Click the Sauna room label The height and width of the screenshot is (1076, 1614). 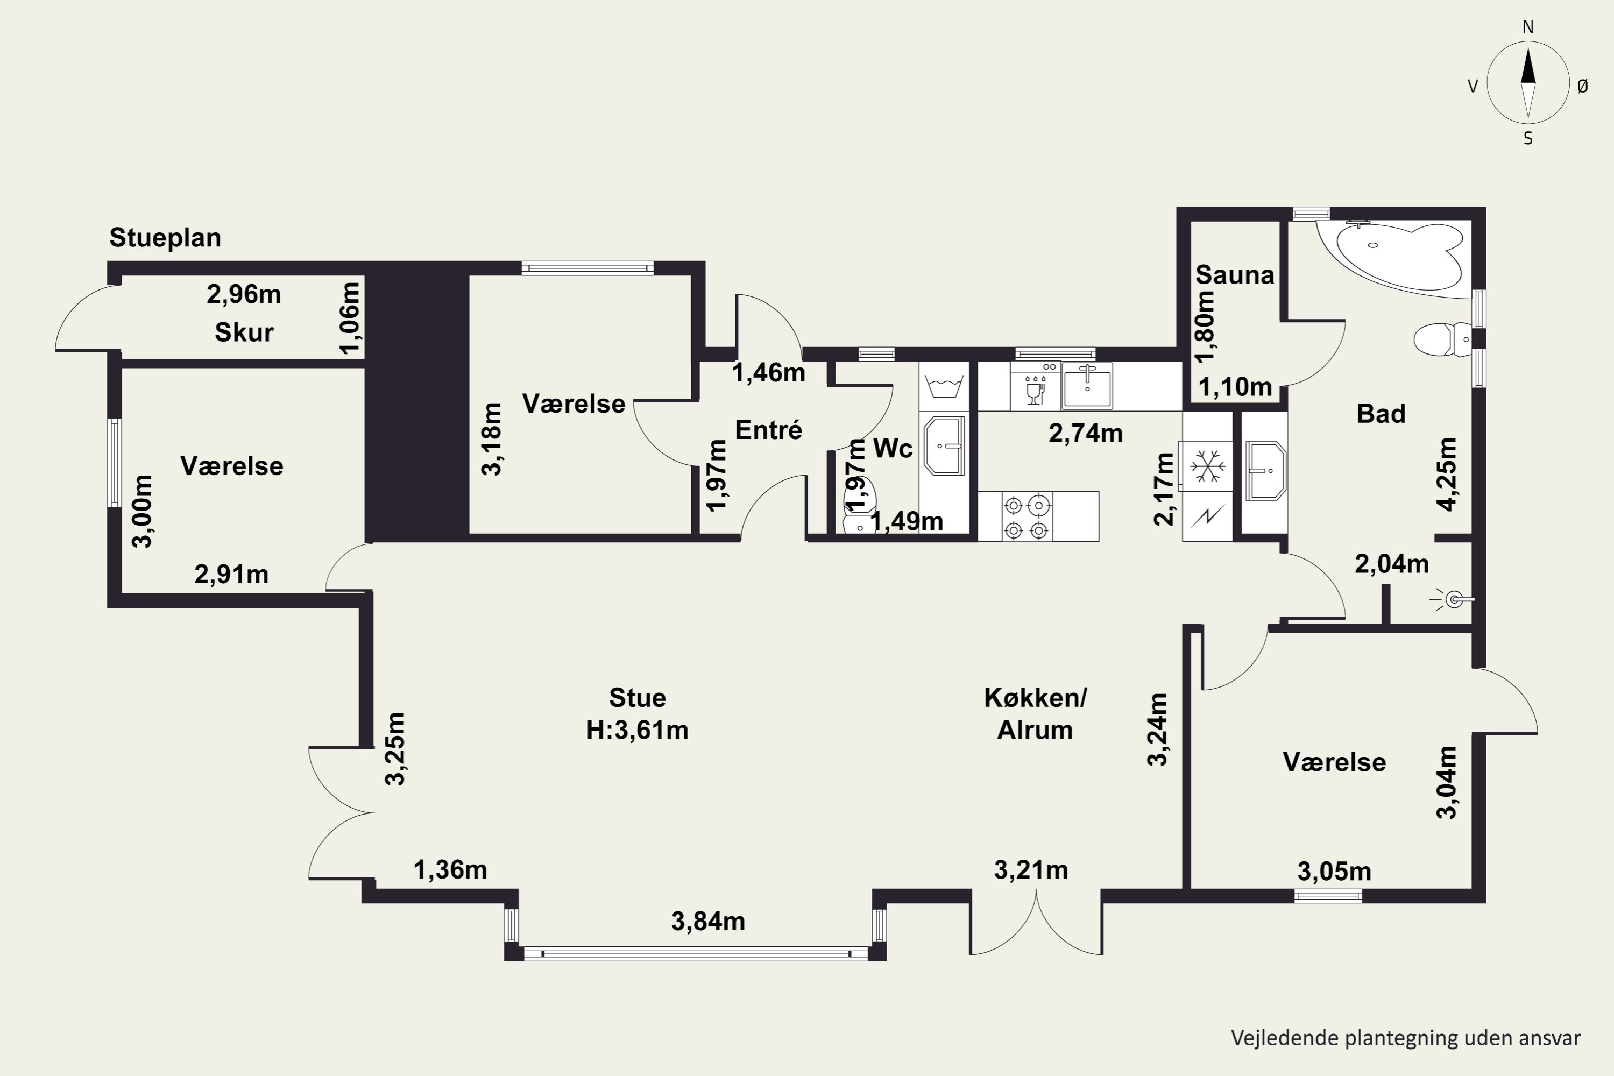click(1235, 275)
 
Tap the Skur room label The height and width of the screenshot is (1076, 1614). click(244, 333)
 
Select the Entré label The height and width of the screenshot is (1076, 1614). click(769, 430)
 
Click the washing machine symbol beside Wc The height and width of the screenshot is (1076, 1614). click(944, 386)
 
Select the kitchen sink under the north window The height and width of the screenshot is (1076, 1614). click(1087, 386)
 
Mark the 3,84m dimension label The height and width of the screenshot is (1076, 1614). click(708, 921)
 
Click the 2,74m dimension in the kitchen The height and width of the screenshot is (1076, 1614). click(1086, 434)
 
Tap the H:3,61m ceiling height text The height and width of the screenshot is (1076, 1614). click(638, 730)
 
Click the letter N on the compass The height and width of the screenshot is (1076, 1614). click(1528, 27)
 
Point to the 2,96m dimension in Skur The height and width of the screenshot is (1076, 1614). click(244, 294)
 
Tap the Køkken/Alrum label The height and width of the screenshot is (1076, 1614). click(1036, 714)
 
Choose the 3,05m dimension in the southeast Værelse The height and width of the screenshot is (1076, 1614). click(1334, 872)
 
